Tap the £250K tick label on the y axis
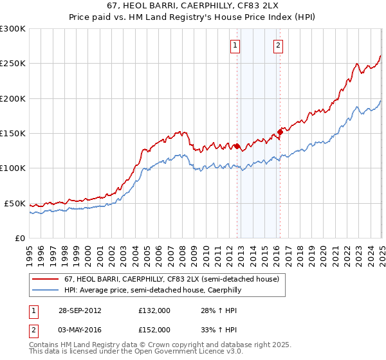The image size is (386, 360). [x=13, y=64]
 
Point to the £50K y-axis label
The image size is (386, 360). [x=15, y=203]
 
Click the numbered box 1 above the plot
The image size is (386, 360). [x=236, y=45]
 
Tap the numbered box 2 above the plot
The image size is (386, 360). [x=278, y=45]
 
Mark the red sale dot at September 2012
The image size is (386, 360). [x=237, y=146]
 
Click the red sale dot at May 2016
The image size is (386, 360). [x=280, y=132]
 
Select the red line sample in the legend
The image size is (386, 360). [x=46, y=279]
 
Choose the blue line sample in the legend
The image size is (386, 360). [x=46, y=290]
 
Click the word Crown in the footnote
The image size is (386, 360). [x=150, y=345]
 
